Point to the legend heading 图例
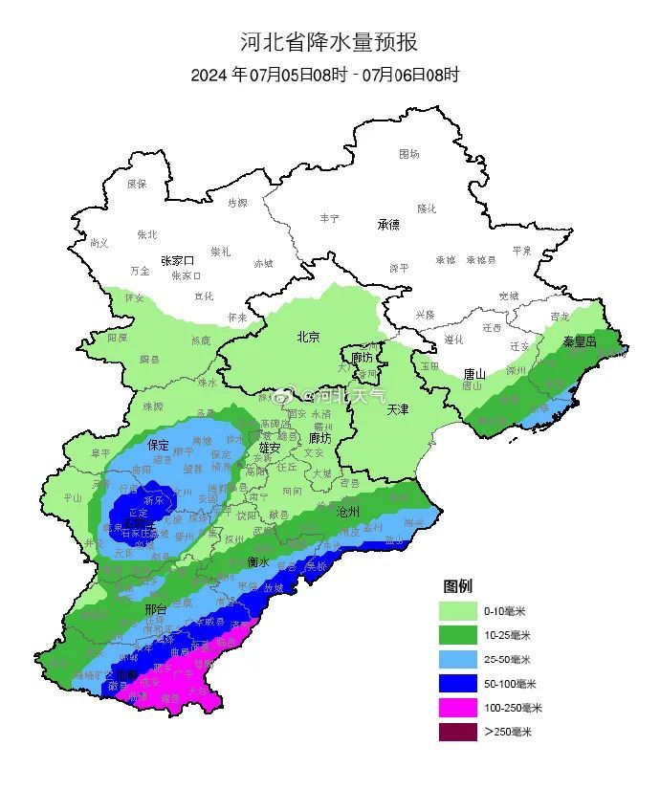457,585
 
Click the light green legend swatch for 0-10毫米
457,610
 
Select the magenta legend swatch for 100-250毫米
457,708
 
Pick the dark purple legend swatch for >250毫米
457,732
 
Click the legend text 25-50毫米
506,659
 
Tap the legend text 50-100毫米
509,684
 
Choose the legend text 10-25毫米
506,635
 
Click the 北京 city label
308,337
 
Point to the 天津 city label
398,409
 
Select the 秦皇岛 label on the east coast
580,341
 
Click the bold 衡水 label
258,561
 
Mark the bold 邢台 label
156,609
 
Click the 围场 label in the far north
409,153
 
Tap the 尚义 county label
99,243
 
